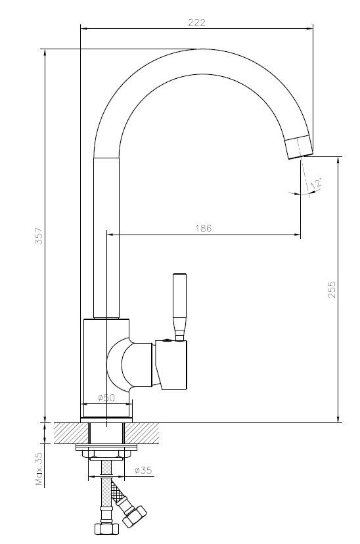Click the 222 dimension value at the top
pos(197,22)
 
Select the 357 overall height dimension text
pos(39,236)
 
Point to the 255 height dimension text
pos(332,290)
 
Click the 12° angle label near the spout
pos(318,185)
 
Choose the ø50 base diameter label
pos(106,398)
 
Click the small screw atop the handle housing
pos(169,340)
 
